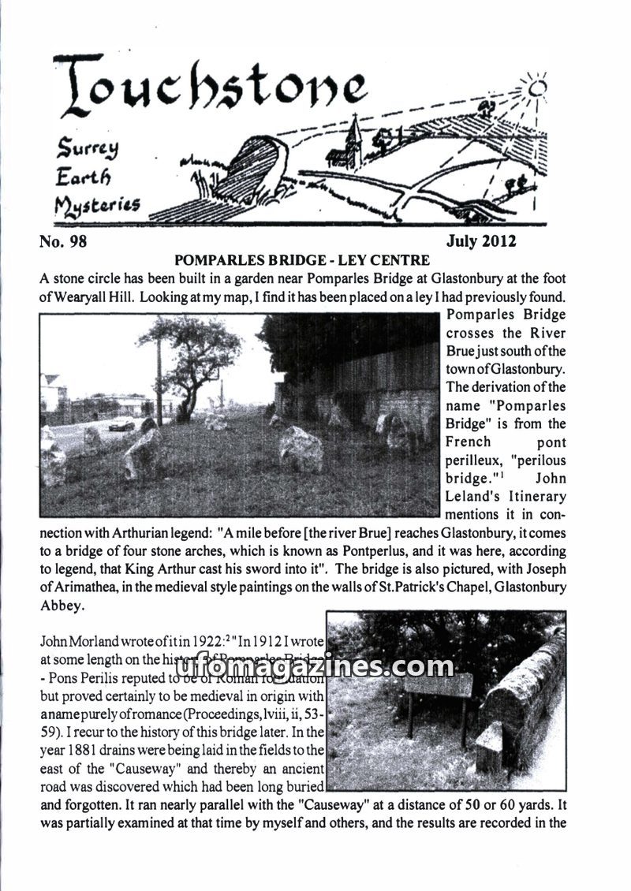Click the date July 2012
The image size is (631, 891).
click(x=481, y=241)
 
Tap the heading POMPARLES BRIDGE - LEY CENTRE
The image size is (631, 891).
click(x=302, y=259)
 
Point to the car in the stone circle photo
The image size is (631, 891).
click(x=121, y=424)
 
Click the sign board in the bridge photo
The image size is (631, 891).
click(x=437, y=684)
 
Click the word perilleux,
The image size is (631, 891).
click(x=478, y=460)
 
